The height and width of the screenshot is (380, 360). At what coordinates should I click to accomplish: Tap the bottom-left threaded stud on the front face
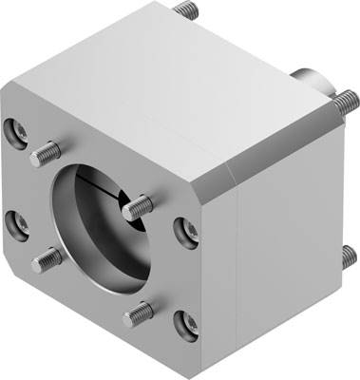click(46, 257)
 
